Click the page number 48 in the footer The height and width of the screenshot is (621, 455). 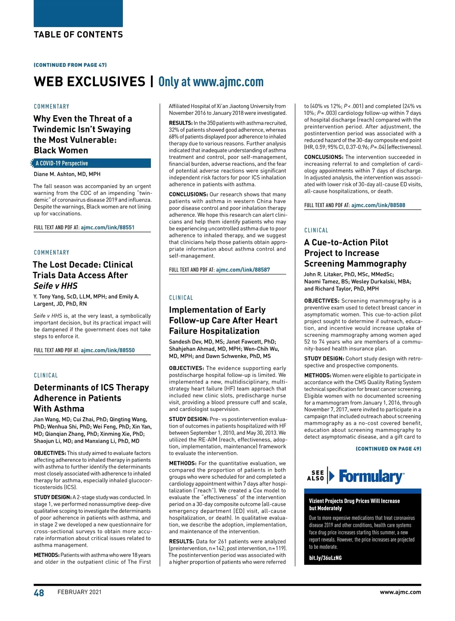coord(39,593)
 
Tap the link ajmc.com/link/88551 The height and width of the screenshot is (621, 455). coord(108,227)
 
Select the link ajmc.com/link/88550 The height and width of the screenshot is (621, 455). coord(108,350)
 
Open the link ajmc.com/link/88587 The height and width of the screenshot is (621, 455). coord(243,270)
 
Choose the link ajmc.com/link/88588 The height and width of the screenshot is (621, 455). coord(378,205)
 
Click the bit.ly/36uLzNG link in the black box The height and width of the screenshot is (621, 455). coord(325,558)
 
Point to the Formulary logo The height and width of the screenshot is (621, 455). coord(371,476)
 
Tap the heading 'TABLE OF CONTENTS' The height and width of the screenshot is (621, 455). coord(78,35)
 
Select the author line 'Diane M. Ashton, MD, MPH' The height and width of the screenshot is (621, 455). coord(67,174)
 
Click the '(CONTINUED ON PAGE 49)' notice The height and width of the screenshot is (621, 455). coord(388,449)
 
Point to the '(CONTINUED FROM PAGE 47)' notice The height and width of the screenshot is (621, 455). coord(70,65)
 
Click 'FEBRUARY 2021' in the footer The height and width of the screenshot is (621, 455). coord(80,592)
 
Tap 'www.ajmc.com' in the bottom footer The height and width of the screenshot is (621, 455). coord(400,592)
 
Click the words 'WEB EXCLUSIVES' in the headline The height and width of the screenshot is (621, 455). coord(89,82)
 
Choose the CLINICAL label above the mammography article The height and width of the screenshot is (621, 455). coord(316,230)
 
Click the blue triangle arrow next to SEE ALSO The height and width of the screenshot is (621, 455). coord(332,476)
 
